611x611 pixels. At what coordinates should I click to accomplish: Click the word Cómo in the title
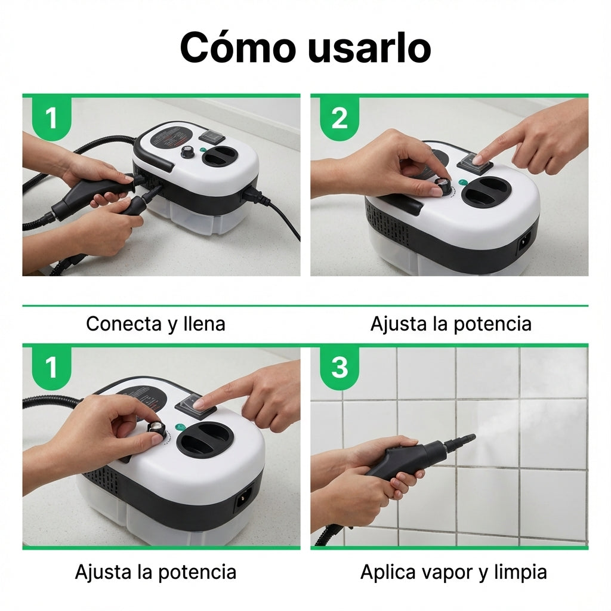[237, 47]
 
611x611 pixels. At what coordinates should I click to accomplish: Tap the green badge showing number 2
[339, 118]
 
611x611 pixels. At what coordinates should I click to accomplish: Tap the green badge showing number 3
[339, 368]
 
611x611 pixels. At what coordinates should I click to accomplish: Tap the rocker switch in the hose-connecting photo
[212, 135]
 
